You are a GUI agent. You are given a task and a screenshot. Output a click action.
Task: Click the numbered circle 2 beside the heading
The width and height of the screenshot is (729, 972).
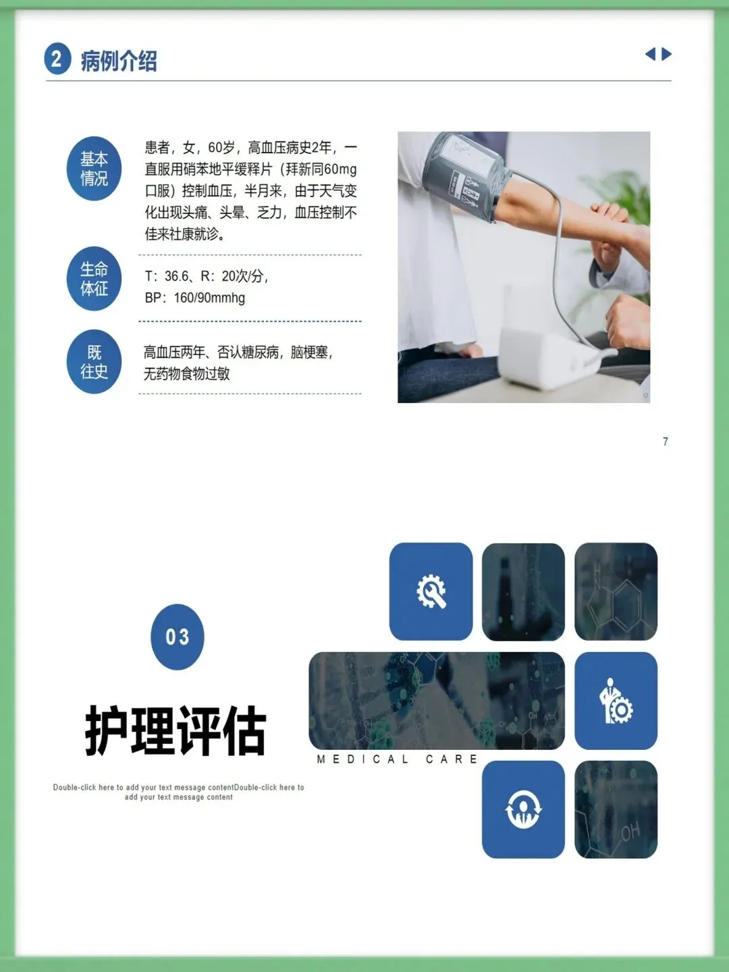pyautogui.click(x=57, y=59)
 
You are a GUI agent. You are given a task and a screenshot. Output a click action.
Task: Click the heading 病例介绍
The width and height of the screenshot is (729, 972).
pyautogui.click(x=119, y=61)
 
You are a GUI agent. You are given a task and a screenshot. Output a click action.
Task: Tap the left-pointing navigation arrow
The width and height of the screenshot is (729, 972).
pyautogui.click(x=650, y=54)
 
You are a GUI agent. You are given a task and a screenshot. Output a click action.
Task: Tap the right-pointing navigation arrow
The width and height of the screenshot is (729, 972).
pyautogui.click(x=667, y=54)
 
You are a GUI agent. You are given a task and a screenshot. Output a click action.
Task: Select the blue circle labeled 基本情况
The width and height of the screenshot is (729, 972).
pyautogui.click(x=94, y=168)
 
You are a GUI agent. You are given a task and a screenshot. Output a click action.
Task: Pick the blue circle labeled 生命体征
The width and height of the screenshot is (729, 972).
pyautogui.click(x=94, y=279)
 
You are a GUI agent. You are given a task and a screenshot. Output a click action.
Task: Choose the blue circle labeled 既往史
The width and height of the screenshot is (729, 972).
pyautogui.click(x=94, y=361)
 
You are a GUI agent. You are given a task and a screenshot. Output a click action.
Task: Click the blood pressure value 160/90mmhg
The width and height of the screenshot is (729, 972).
pyautogui.click(x=209, y=298)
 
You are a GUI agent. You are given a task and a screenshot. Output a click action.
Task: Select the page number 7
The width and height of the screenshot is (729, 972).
pyautogui.click(x=666, y=441)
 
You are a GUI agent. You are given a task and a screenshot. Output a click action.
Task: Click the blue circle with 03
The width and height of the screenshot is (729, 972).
pyautogui.click(x=178, y=637)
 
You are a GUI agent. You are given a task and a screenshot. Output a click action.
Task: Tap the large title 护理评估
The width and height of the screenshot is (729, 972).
pyautogui.click(x=175, y=730)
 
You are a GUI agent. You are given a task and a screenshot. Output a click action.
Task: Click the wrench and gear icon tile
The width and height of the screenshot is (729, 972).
pyautogui.click(x=431, y=591)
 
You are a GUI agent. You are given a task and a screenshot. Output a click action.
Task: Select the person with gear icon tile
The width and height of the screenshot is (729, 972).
pyautogui.click(x=616, y=701)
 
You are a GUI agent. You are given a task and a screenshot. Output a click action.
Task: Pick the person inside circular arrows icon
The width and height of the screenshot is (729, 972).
pyautogui.click(x=523, y=809)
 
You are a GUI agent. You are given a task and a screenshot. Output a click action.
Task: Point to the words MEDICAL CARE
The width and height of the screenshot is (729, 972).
pyautogui.click(x=397, y=759)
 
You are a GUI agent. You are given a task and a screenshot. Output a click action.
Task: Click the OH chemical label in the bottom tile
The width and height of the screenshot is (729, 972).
pyautogui.click(x=630, y=832)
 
